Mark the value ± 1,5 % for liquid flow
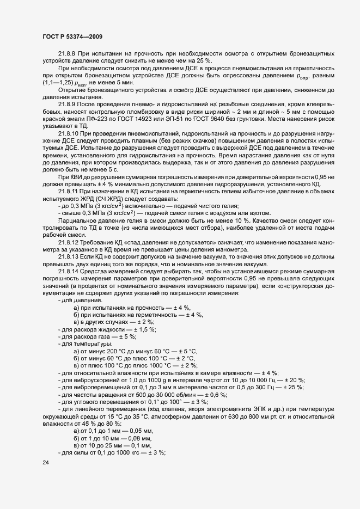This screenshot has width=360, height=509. click(144, 330)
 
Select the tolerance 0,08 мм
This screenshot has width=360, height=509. click(141, 438)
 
